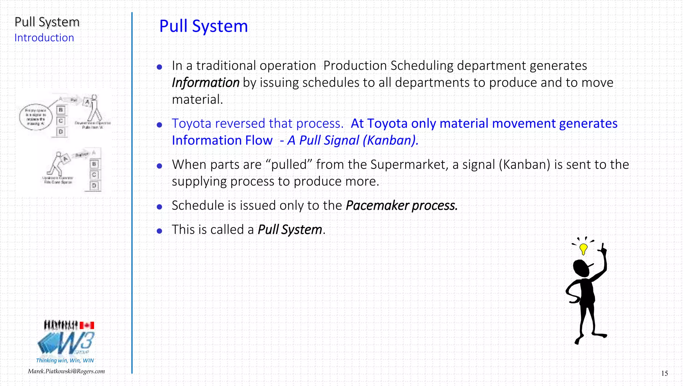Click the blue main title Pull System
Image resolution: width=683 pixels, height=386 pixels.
pyautogui.click(x=203, y=26)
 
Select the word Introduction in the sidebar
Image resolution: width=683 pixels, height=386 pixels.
pyautogui.click(x=44, y=38)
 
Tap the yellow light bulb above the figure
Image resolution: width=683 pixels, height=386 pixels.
pyautogui.click(x=583, y=249)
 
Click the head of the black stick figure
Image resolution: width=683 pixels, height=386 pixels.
pyautogui.click(x=581, y=268)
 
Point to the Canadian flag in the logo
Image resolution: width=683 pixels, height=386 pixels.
pyautogui.click(x=87, y=325)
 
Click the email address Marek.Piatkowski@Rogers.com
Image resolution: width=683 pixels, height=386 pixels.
pyautogui.click(x=66, y=371)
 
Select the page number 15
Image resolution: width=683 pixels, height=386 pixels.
pyautogui.click(x=664, y=373)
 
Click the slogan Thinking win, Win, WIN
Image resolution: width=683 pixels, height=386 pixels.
pyautogui.click(x=65, y=360)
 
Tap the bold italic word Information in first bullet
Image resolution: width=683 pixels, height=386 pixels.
pyautogui.click(x=205, y=83)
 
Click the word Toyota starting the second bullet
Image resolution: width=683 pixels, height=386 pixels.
pyautogui.click(x=191, y=123)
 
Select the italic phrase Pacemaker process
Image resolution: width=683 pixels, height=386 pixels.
pyautogui.click(x=402, y=206)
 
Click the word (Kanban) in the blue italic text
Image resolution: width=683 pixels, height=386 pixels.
pyautogui.click(x=390, y=140)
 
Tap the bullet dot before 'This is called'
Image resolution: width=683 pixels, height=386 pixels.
pyautogui.click(x=159, y=231)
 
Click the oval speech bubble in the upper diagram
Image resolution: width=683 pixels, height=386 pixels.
pyautogui.click(x=36, y=117)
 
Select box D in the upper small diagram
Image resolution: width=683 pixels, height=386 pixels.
pyautogui.click(x=61, y=132)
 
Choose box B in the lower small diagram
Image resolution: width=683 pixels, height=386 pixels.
pyautogui.click(x=94, y=164)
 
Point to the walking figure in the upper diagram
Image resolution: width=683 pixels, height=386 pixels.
pyautogui.click(x=94, y=108)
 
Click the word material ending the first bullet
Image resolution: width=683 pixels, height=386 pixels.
pyautogui.click(x=197, y=99)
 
